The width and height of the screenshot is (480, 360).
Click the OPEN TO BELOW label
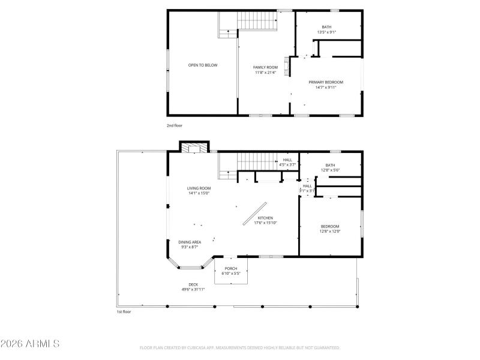click(203, 65)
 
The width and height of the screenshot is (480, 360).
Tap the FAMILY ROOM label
click(265, 67)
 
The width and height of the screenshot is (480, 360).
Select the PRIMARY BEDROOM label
click(326, 82)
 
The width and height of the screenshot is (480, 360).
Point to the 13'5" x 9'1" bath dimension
click(326, 32)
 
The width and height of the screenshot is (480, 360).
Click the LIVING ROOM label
click(199, 188)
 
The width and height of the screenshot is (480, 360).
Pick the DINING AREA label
click(190, 242)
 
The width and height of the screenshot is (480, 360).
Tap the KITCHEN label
click(265, 218)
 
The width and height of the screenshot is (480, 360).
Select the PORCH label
click(231, 268)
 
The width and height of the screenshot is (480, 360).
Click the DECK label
click(193, 284)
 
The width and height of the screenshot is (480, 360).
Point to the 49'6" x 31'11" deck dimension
click(193, 289)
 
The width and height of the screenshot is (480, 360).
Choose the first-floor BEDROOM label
click(330, 226)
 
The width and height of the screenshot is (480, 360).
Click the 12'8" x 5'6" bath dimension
click(330, 170)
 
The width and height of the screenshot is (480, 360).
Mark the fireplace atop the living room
click(195, 148)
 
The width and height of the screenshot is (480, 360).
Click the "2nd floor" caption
click(175, 125)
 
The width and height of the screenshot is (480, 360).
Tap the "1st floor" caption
click(124, 312)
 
